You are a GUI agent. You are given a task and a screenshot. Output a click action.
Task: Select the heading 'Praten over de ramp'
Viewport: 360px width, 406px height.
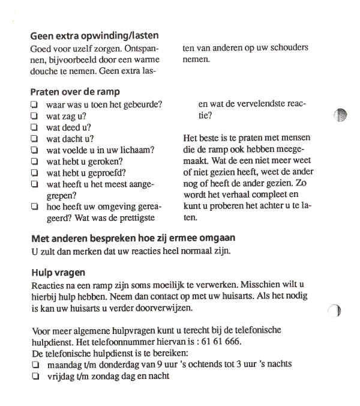(75, 92)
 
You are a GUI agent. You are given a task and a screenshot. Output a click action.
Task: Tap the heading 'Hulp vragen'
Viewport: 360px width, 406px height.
(58, 272)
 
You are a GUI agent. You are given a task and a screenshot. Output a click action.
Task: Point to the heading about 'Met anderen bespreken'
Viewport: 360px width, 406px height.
(133, 238)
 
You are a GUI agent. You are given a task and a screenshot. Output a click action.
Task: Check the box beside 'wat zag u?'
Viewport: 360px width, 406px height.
(34, 116)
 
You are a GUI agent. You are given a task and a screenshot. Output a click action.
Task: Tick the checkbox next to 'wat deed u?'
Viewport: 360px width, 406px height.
(34, 127)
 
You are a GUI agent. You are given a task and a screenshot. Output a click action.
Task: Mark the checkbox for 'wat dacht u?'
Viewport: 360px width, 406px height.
(34, 139)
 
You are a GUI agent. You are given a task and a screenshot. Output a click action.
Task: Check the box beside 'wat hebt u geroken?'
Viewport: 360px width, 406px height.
(34, 162)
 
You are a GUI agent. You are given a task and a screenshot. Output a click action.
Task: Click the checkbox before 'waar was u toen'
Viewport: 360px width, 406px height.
(34, 105)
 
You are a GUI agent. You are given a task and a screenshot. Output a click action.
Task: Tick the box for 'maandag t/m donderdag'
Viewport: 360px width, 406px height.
(35, 365)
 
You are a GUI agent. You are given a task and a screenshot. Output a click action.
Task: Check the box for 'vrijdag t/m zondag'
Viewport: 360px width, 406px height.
(35, 377)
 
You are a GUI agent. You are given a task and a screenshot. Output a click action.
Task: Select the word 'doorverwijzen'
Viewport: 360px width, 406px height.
(166, 308)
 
